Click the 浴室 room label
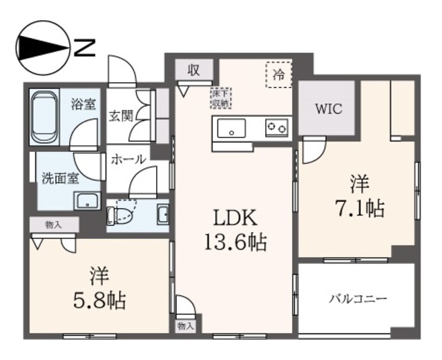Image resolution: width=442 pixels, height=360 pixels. click(x=84, y=105)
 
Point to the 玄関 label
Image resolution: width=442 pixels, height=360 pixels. click(x=121, y=115)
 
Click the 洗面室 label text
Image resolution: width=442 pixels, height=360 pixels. click(x=59, y=177)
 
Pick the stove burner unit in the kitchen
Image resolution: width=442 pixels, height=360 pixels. click(x=278, y=127)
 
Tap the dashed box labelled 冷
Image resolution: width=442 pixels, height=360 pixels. click(x=278, y=74)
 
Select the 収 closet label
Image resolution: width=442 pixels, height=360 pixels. click(x=193, y=70)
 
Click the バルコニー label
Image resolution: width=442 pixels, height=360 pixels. click(x=356, y=299)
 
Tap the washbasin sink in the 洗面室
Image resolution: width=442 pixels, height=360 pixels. click(x=87, y=201)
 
